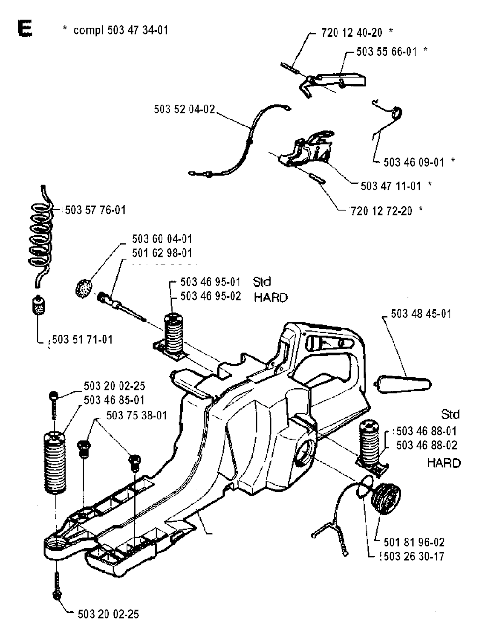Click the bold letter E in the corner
click(x=25, y=28)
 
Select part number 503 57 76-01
click(x=96, y=210)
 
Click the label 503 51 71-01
click(x=82, y=339)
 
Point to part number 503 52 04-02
click(x=184, y=109)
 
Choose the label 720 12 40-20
click(x=351, y=33)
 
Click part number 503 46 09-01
click(x=414, y=162)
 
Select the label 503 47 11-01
click(x=391, y=186)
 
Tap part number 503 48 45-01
click(x=421, y=314)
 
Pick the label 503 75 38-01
click(x=136, y=415)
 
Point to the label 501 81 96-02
click(x=414, y=542)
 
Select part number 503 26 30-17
click(x=414, y=556)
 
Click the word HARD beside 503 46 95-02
click(x=271, y=297)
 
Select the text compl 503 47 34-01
click(x=120, y=30)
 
